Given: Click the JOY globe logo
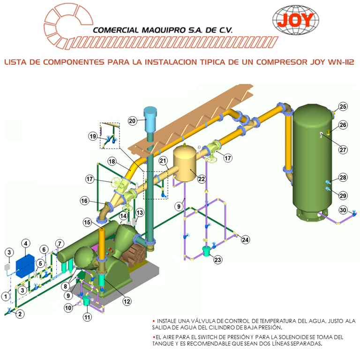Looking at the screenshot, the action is pyautogui.click(x=296, y=20).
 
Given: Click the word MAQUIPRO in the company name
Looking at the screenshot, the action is pyautogui.click(x=164, y=30).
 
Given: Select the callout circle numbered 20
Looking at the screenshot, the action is pyautogui.click(x=132, y=121).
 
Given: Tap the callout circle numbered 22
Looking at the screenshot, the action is pyautogui.click(x=202, y=179).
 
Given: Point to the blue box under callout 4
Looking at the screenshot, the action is pyautogui.click(x=25, y=266).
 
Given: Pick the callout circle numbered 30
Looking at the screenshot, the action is pyautogui.click(x=343, y=210).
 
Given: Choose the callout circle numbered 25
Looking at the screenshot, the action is pyautogui.click(x=343, y=106).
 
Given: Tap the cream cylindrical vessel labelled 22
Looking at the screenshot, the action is pyautogui.click(x=184, y=163).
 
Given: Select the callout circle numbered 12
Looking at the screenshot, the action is pyautogui.click(x=127, y=301).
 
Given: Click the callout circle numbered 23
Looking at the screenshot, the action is pyautogui.click(x=217, y=260).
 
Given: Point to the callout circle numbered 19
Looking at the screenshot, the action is pyautogui.click(x=93, y=136).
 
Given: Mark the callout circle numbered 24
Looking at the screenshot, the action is pyautogui.click(x=245, y=240).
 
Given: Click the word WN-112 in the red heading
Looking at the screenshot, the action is pyautogui.click(x=341, y=62).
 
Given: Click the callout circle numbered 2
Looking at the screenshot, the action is pyautogui.click(x=20, y=314).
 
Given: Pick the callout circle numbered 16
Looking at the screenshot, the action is pyautogui.click(x=84, y=201).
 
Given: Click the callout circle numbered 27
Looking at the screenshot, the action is pyautogui.click(x=343, y=150).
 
